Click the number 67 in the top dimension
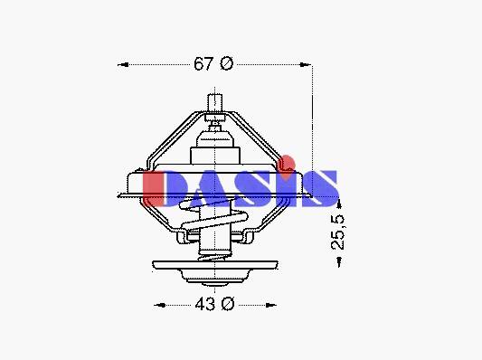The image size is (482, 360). (203, 63)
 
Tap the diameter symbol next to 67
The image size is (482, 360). (227, 63)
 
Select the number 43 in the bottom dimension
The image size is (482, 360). (205, 304)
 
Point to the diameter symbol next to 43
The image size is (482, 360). (228, 304)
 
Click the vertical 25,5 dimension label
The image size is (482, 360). (338, 232)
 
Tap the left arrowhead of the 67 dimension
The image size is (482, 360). (123, 64)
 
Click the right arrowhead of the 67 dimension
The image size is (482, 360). (305, 64)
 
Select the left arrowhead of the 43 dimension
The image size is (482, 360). (159, 305)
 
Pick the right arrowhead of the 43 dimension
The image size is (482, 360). (270, 305)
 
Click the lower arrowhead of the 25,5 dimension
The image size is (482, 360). (339, 261)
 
